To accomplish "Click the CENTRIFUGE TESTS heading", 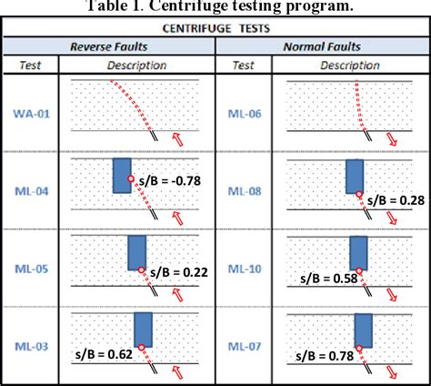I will click(x=215, y=27).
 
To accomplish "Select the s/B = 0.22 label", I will click(x=179, y=270).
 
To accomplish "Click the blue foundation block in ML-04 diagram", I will click(x=122, y=175).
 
